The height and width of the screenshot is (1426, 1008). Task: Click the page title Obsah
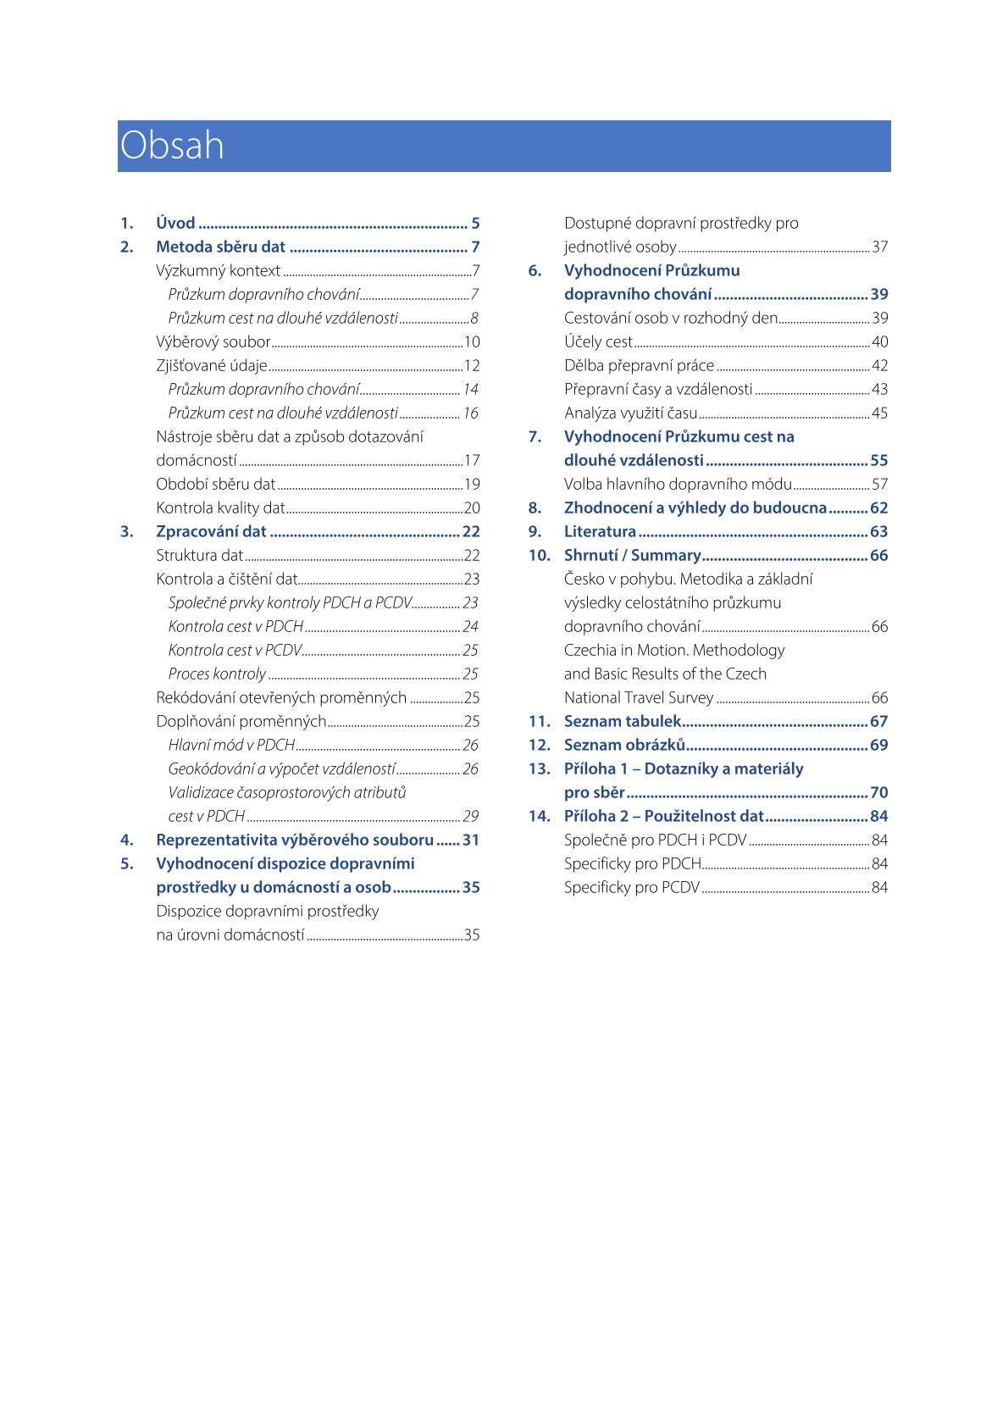(x=172, y=146)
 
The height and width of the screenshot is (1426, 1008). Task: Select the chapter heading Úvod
(x=175, y=224)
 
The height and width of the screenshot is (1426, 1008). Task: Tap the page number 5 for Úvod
(x=475, y=224)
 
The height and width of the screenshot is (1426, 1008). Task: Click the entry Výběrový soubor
(x=213, y=342)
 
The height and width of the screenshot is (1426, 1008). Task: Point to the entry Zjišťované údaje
(x=211, y=366)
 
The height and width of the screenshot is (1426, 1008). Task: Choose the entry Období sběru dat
(x=215, y=485)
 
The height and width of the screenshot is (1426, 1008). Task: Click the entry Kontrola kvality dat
(x=220, y=508)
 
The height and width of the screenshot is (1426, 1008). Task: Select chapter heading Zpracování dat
(x=211, y=532)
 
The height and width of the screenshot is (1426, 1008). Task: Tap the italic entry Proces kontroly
(x=217, y=674)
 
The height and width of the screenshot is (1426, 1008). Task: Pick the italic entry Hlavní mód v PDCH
(x=231, y=746)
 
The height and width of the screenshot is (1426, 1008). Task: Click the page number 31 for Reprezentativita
(x=471, y=841)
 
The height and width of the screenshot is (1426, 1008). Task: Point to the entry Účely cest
(x=598, y=342)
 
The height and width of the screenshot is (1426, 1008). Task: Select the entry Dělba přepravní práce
(x=639, y=366)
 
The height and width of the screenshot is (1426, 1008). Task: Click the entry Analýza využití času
(x=630, y=413)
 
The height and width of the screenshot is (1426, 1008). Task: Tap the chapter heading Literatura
(x=600, y=532)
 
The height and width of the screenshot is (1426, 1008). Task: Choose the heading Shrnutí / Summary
(x=632, y=556)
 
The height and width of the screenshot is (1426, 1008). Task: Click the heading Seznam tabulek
(x=622, y=722)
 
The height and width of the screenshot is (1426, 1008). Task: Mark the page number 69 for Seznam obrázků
(x=879, y=746)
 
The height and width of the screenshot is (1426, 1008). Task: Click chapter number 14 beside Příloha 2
(x=539, y=817)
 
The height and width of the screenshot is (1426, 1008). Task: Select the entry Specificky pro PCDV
(x=632, y=888)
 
